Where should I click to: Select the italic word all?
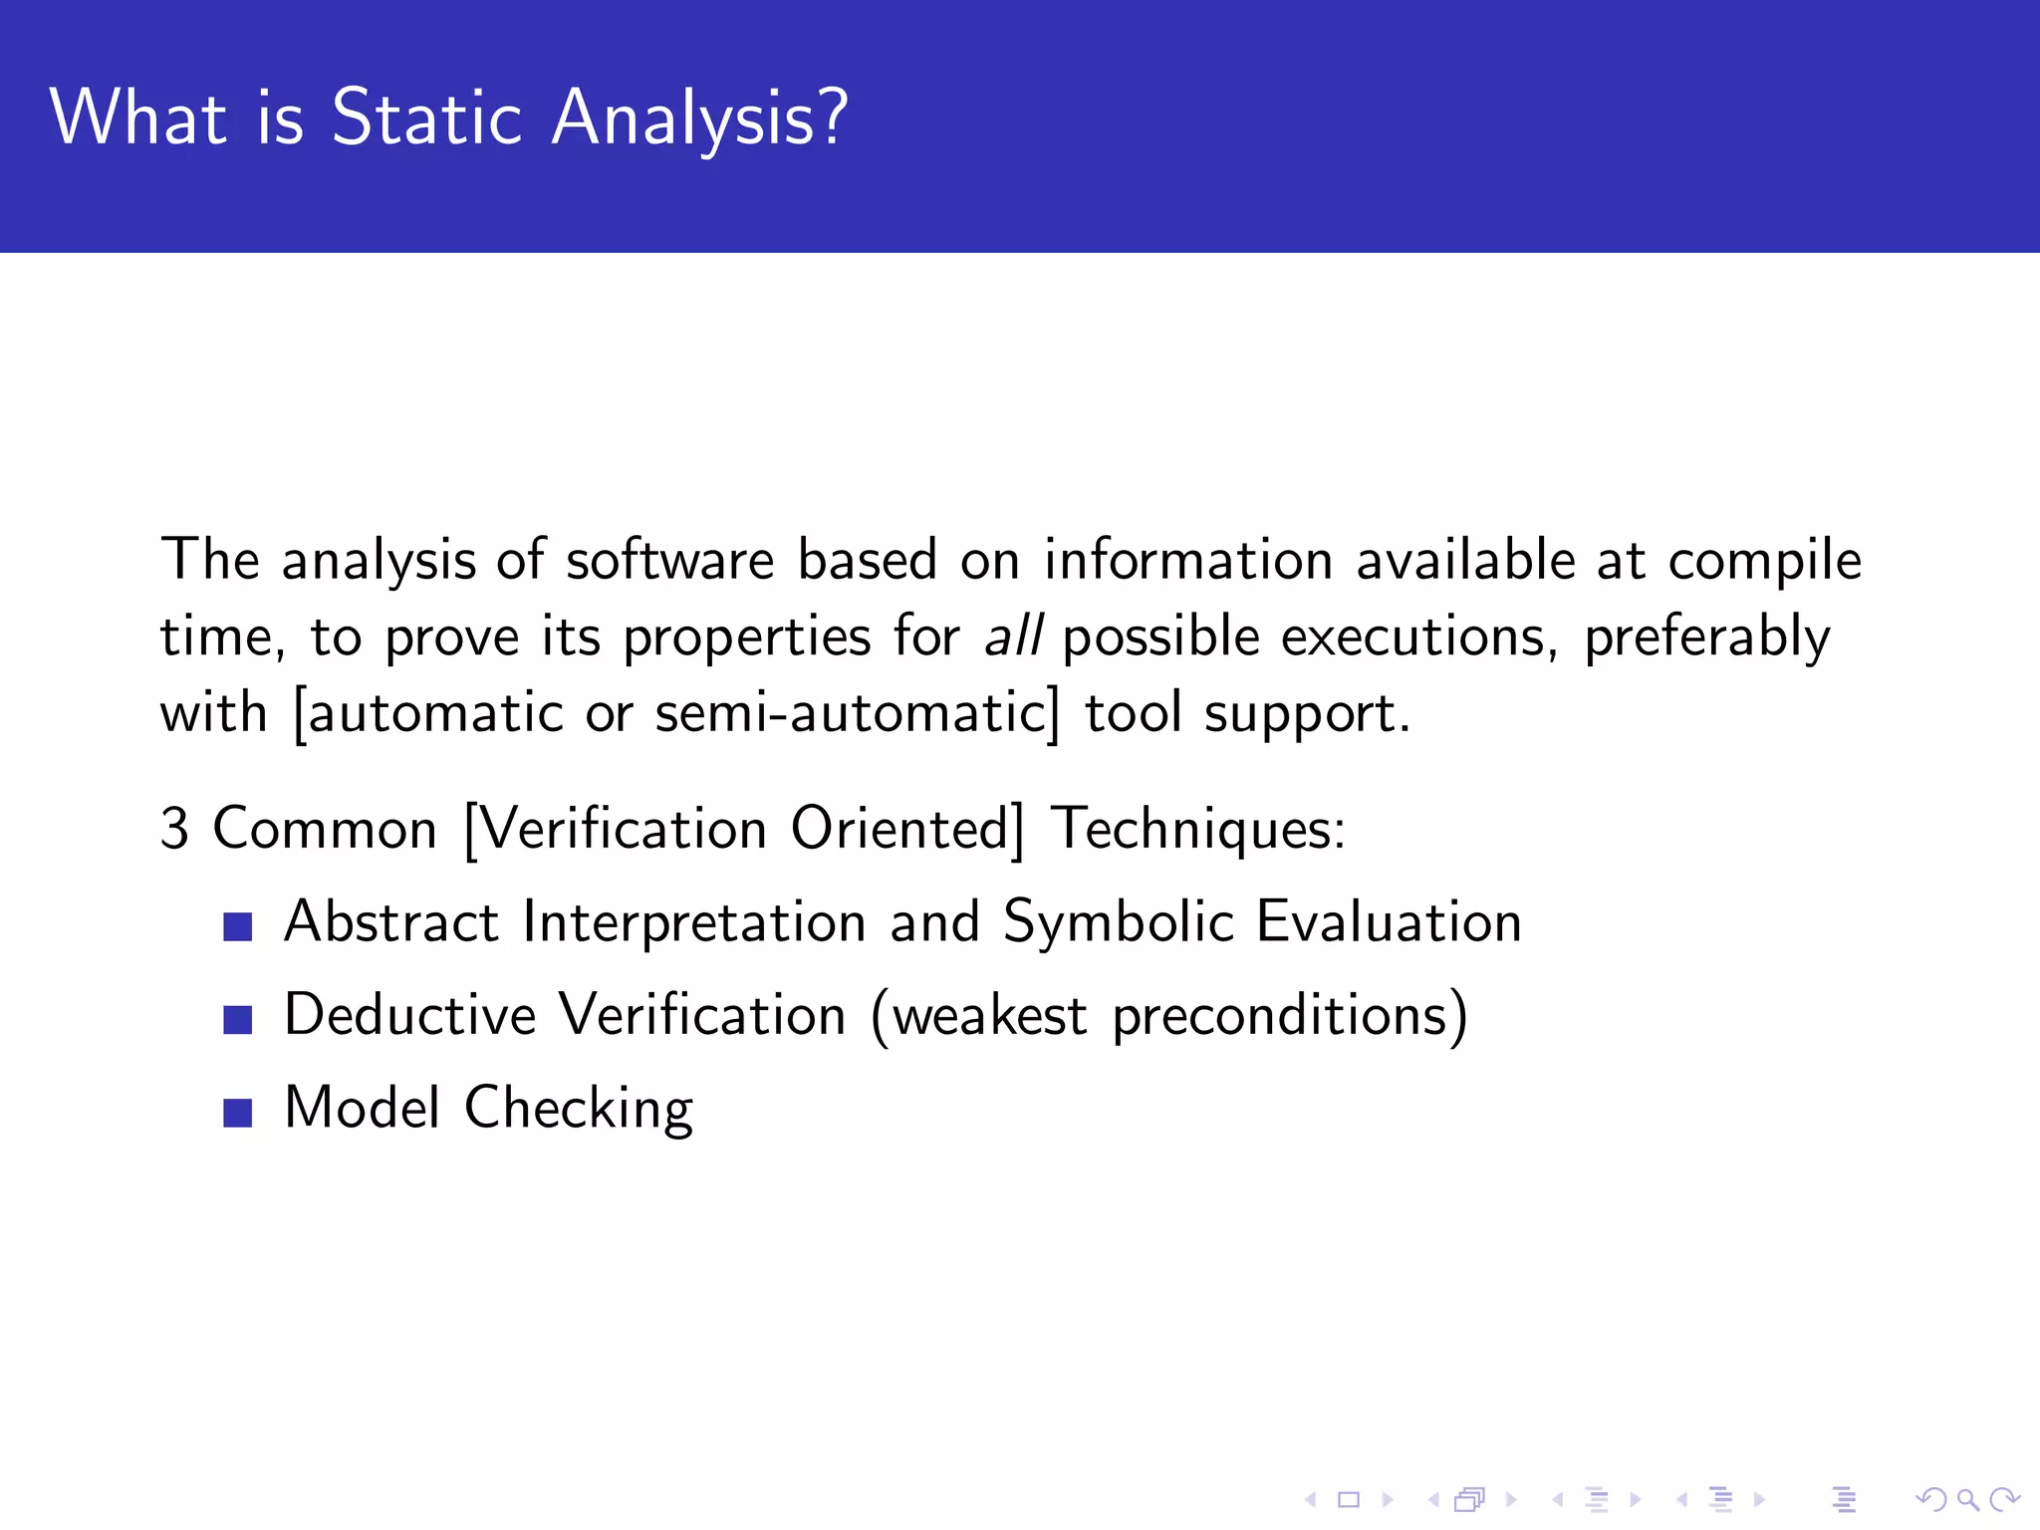1013,636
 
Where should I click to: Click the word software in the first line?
669,560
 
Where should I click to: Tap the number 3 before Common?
174,829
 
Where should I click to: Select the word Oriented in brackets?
900,829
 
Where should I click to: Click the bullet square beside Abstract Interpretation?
238,926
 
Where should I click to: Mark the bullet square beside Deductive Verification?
238,1019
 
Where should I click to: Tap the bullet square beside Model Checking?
238,1112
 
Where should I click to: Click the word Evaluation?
1389,921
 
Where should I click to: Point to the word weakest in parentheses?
989,1016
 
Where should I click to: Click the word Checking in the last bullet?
578,1109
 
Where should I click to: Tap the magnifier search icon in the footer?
1966,1498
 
